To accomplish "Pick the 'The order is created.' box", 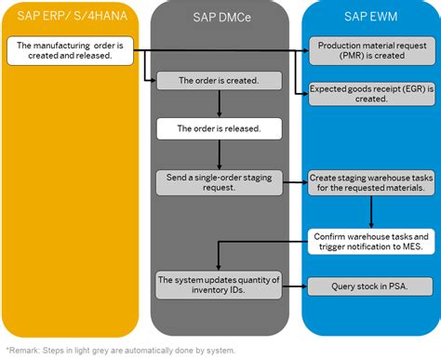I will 218,81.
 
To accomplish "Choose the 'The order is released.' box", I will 218,127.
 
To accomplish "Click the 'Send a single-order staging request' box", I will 218,180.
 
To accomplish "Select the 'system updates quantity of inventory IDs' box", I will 218,286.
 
